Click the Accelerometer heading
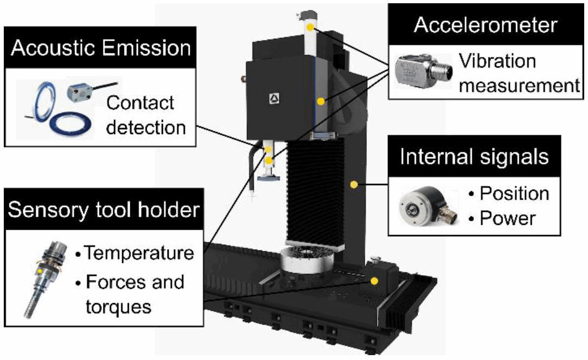pos(485,25)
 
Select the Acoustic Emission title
pos(101,48)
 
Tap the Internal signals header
pos(474,157)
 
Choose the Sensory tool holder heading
pos(104,210)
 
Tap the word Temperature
pos(139,252)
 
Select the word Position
pos(514,194)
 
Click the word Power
pos(508,218)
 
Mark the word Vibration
pos(497,61)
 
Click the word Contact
pos(140,103)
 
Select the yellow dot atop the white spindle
pos(309,26)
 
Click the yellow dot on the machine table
pos(374,281)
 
